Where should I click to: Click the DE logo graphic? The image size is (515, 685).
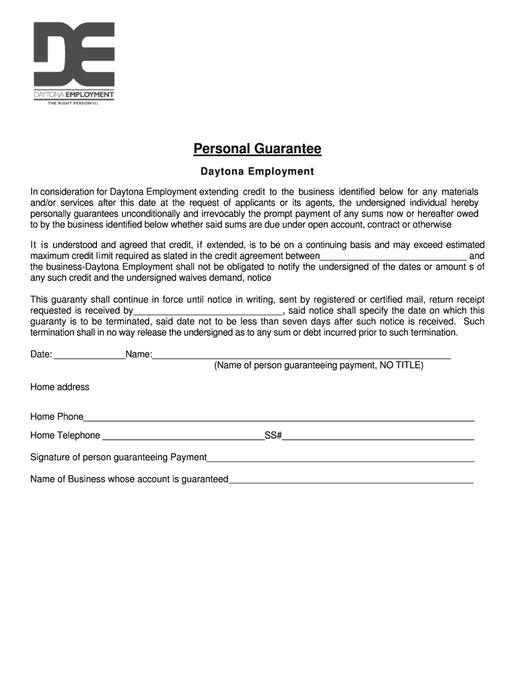tap(74, 54)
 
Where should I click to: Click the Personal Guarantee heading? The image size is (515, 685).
tap(257, 149)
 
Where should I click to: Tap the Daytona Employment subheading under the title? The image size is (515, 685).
tap(257, 172)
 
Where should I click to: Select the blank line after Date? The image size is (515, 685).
tap(89, 355)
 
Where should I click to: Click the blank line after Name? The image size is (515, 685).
tap(301, 355)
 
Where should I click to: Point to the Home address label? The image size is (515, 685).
tap(60, 387)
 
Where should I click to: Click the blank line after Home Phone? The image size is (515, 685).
tap(278, 417)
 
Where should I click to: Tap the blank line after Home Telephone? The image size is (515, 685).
tap(182, 436)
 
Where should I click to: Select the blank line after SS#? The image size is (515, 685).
tap(378, 436)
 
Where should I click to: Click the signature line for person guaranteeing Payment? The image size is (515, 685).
tap(340, 458)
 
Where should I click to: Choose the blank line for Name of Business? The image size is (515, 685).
tap(350, 480)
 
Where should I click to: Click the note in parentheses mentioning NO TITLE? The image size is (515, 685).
tap(318, 366)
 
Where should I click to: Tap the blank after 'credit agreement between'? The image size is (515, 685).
tap(393, 256)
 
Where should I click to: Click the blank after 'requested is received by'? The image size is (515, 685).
tap(208, 311)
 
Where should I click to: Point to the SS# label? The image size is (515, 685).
tap(273, 436)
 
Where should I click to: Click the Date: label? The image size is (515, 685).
tap(41, 355)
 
